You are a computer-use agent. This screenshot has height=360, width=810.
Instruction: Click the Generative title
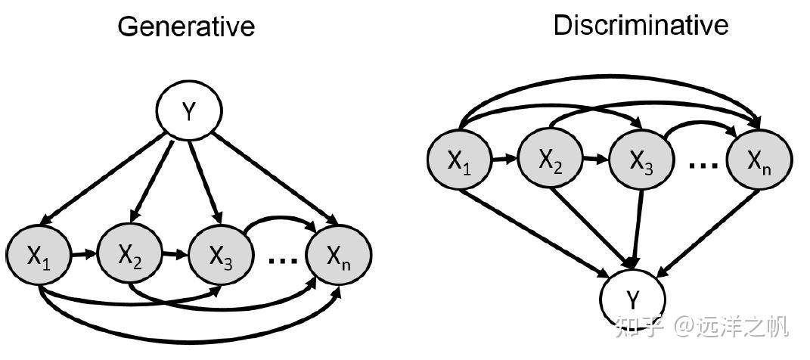[x=187, y=26]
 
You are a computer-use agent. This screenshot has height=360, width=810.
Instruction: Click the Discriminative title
[x=641, y=25]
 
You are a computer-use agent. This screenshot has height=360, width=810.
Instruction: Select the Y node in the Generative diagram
[x=189, y=110]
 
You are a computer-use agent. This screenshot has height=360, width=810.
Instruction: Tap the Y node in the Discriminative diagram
[x=633, y=299]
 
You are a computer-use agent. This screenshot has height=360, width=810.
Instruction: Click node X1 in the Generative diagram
[x=39, y=255]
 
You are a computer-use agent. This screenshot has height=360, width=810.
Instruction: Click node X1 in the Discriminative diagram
[x=460, y=160]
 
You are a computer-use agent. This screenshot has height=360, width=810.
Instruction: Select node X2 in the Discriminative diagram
[x=551, y=160]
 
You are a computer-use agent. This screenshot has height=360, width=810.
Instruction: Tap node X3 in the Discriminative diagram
[x=642, y=160]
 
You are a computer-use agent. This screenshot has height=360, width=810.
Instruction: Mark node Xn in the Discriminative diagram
[x=759, y=160]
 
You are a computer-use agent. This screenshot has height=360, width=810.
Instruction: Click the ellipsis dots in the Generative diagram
[x=283, y=261]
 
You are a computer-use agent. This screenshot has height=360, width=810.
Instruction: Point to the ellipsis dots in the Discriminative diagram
[x=703, y=166]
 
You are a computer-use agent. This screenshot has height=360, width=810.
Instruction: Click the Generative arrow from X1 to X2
[x=84, y=254]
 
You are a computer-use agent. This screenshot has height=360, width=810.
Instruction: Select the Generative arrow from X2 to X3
[x=175, y=254]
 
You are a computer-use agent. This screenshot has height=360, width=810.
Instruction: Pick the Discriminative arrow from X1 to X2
[x=505, y=159]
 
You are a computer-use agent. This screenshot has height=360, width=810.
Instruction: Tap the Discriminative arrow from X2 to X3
[x=597, y=159]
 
